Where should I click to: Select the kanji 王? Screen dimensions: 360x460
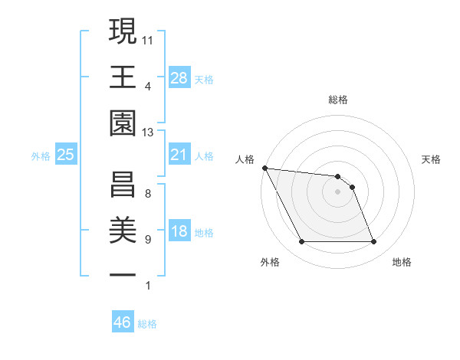[123, 76]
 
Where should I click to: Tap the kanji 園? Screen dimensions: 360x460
[123, 122]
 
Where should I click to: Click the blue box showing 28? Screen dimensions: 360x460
[179, 77]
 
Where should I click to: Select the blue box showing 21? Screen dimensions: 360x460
[179, 155]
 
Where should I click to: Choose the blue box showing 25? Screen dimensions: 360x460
[66, 155]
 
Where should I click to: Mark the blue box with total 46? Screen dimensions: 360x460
[123, 322]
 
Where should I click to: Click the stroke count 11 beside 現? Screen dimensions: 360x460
[148, 38]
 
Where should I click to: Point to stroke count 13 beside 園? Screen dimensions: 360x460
[148, 133]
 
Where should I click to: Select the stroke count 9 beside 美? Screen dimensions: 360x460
[148, 240]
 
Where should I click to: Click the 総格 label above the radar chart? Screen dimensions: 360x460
[338, 100]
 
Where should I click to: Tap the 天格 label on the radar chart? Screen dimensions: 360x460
[432, 159]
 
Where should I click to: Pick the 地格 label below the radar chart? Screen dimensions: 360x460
[402, 262]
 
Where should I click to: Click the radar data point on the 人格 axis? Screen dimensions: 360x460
[264, 168]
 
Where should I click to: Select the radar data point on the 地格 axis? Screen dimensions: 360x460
[373, 242]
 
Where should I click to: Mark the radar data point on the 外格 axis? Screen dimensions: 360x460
[301, 242]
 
